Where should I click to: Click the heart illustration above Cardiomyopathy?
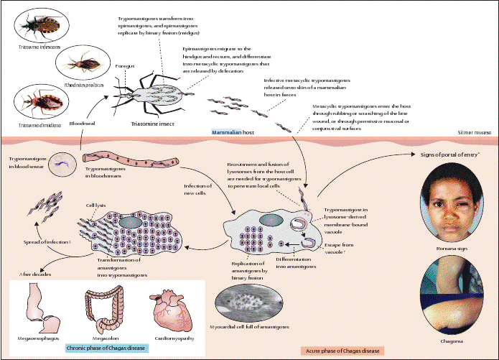(169, 310)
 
